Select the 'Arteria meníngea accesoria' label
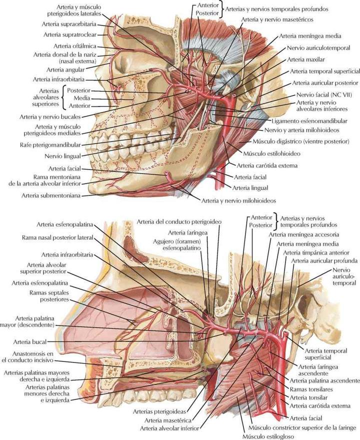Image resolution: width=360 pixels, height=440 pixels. (303, 234)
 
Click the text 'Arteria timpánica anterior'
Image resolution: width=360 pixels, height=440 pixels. (317, 253)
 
